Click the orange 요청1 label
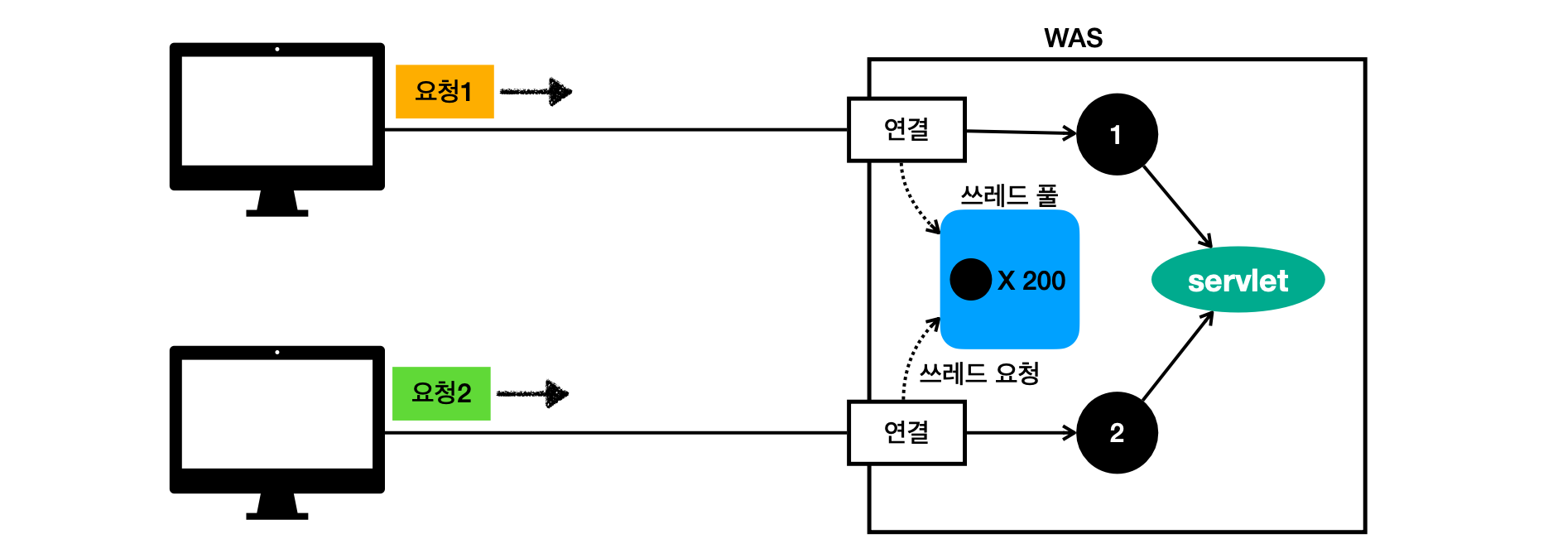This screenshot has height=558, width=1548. (x=445, y=91)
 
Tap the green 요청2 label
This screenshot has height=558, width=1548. (x=441, y=393)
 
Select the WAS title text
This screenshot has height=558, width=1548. (x=1073, y=38)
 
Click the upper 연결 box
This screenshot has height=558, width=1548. (x=906, y=130)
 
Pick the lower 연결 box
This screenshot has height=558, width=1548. (x=906, y=432)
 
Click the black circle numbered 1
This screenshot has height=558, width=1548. (x=1117, y=134)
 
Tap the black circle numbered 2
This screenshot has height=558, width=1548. (x=1117, y=432)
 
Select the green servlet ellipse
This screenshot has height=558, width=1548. (x=1238, y=280)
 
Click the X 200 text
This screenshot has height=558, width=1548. (x=1031, y=281)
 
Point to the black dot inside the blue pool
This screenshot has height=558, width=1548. (x=971, y=279)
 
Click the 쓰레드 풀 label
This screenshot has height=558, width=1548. (x=1009, y=195)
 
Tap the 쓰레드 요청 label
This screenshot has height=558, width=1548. (x=979, y=373)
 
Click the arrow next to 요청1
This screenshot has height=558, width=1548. (x=536, y=91)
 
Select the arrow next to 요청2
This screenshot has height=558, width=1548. (x=533, y=393)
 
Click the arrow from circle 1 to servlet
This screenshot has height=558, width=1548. (x=1177, y=207)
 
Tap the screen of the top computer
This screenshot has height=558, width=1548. (x=276, y=110)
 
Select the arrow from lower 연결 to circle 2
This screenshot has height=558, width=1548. (x=1021, y=432)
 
